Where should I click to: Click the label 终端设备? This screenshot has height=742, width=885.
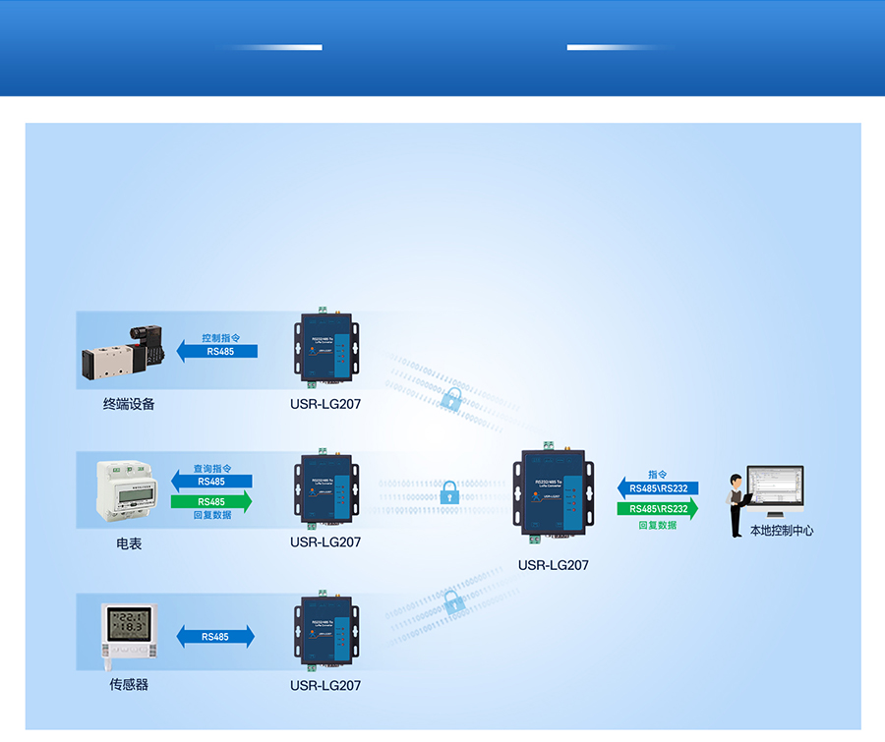[x=129, y=404]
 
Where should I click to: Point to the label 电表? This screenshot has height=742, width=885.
[x=129, y=543]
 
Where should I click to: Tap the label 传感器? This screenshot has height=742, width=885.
[x=129, y=684]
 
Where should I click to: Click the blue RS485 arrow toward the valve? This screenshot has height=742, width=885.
[x=217, y=351]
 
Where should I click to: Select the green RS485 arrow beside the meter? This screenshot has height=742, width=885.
[x=211, y=502]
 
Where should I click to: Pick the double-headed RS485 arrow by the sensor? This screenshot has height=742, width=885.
[x=215, y=637]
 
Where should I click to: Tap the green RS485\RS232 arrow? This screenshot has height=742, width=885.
[x=658, y=509]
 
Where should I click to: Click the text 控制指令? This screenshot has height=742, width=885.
[x=220, y=337]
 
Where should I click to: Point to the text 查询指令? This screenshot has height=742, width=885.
[x=211, y=469]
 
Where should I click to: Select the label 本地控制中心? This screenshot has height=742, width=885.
[x=782, y=531]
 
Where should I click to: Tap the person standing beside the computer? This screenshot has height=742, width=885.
[x=736, y=505]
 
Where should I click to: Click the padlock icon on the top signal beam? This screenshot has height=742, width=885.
[x=451, y=398]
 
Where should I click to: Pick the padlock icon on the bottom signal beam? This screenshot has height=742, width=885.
[x=454, y=602]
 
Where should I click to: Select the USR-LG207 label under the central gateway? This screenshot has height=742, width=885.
[x=553, y=565]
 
